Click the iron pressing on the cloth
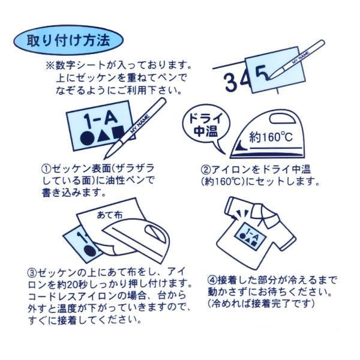pyautogui.click(x=144, y=240)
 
